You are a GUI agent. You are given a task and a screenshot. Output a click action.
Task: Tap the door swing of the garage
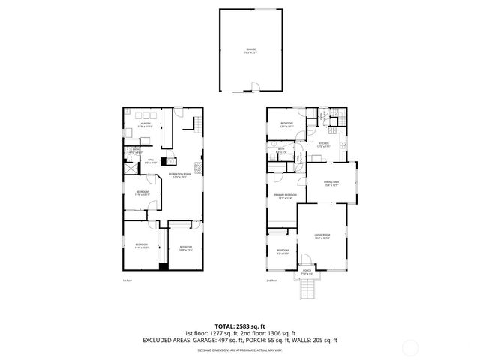point(256,87)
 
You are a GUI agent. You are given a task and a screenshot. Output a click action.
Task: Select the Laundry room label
point(143,125)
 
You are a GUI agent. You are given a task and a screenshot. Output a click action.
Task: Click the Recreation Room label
point(178,175)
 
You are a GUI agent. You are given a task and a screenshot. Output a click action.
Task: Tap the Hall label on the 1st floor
point(150,160)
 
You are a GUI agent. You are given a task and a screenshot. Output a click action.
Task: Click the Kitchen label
point(324,145)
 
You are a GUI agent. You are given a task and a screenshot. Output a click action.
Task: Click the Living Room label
point(323,237)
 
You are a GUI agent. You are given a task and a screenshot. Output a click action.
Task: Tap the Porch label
point(305,273)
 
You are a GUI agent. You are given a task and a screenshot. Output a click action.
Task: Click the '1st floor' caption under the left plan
point(127,280)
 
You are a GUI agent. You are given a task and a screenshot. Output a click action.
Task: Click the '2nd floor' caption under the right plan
point(271,280)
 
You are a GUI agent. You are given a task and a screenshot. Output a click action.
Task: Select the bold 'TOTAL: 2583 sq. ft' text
point(239,325)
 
